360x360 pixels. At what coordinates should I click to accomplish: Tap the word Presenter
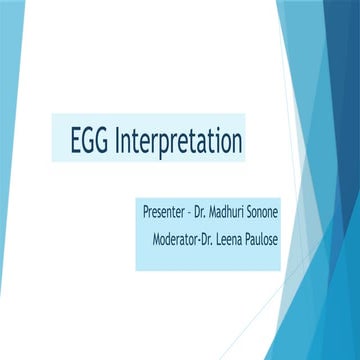pyautogui.click(x=167, y=213)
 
